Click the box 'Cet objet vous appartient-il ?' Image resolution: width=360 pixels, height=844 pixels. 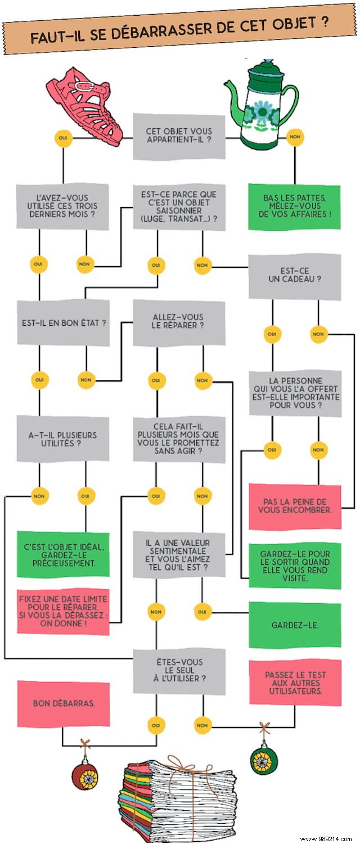pyautogui.click(x=179, y=136)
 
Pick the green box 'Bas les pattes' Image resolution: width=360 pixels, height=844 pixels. pyautogui.click(x=294, y=206)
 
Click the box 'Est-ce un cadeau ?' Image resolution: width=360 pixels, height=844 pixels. pyautogui.click(x=294, y=275)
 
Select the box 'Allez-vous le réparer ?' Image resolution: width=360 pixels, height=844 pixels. pyautogui.click(x=179, y=322)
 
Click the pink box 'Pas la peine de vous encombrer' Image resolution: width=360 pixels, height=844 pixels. pyautogui.click(x=294, y=505)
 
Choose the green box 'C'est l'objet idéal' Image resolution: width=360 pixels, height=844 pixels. pyautogui.click(x=62, y=554)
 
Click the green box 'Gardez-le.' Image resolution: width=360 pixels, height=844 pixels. pyautogui.click(x=294, y=625)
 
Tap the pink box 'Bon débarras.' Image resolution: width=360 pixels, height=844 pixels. pyautogui.click(x=62, y=703)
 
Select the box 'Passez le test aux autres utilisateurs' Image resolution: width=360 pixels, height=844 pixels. pyautogui.click(x=294, y=682)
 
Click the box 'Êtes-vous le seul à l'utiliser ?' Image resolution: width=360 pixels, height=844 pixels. pyautogui.click(x=179, y=671)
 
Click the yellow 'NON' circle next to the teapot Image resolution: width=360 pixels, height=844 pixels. pyautogui.click(x=293, y=136)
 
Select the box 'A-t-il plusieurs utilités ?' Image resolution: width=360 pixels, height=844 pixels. pyautogui.click(x=62, y=439)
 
